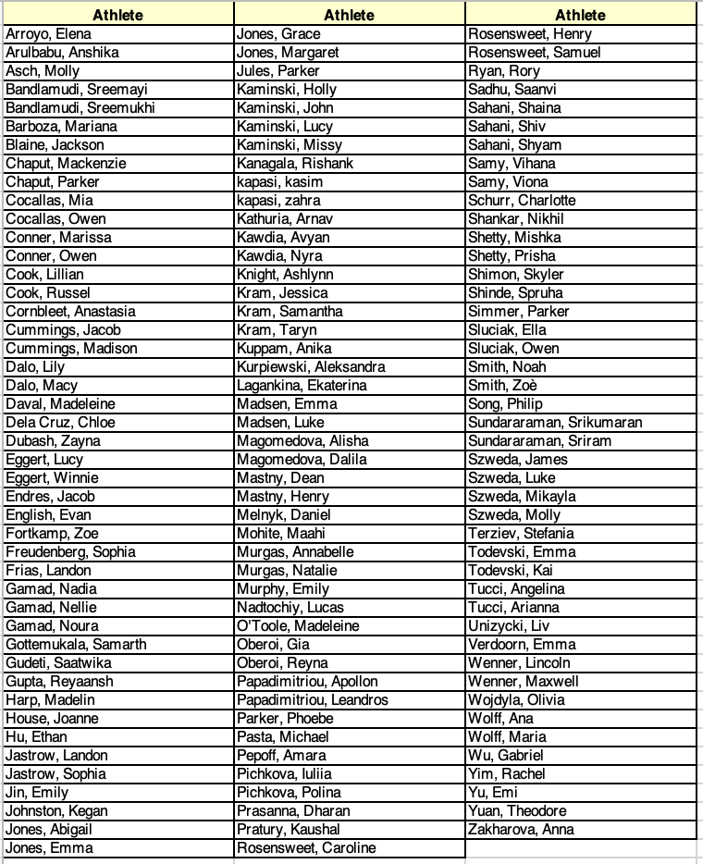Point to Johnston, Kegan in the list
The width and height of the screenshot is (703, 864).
56,811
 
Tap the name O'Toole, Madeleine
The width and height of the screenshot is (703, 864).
294,626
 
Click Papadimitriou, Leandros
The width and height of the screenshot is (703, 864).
313,700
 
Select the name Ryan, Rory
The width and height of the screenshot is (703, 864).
504,71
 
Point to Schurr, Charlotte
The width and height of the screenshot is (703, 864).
522,201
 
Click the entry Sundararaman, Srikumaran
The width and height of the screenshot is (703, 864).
555,423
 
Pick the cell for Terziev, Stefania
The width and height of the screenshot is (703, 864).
521,534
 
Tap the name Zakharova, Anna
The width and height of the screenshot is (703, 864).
521,830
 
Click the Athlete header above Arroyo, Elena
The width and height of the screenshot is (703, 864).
117,15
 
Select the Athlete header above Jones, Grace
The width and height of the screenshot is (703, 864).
349,15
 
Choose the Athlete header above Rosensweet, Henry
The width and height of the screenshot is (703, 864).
580,15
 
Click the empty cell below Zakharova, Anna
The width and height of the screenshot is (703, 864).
580,848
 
